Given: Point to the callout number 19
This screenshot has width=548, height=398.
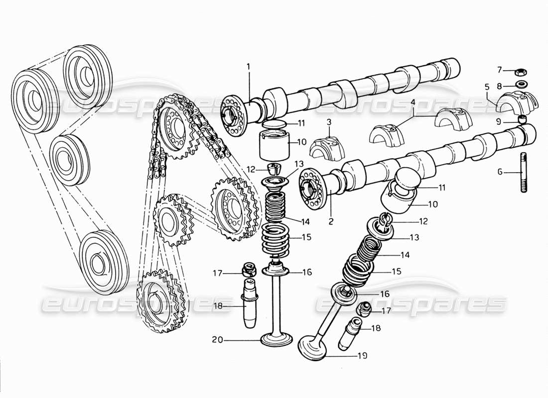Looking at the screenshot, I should click(x=362, y=355).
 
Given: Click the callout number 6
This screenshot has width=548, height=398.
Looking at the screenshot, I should click(x=500, y=173).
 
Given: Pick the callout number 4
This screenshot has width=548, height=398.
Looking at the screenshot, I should click(x=412, y=103).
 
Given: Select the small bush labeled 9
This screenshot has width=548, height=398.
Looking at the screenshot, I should click(x=523, y=119).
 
